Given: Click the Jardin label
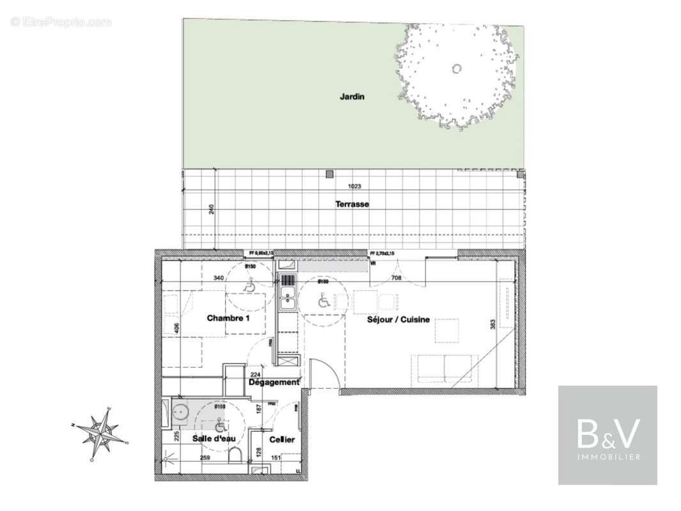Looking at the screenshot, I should pos(351,97).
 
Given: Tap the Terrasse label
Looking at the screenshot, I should pos(352,204).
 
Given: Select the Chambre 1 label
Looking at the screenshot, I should pos(227,317).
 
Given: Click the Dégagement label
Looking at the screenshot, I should pos(273,383).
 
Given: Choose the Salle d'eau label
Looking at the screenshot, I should pos(211,439).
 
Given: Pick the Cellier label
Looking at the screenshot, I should pos(281,440).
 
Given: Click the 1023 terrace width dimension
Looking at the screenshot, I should pos(355,187).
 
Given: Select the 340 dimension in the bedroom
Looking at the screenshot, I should pos(218,278).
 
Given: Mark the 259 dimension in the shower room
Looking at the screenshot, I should pos(205,458).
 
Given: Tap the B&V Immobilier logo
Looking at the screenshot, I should pos(608,434).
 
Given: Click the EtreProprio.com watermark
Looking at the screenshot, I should pos(61,22).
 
